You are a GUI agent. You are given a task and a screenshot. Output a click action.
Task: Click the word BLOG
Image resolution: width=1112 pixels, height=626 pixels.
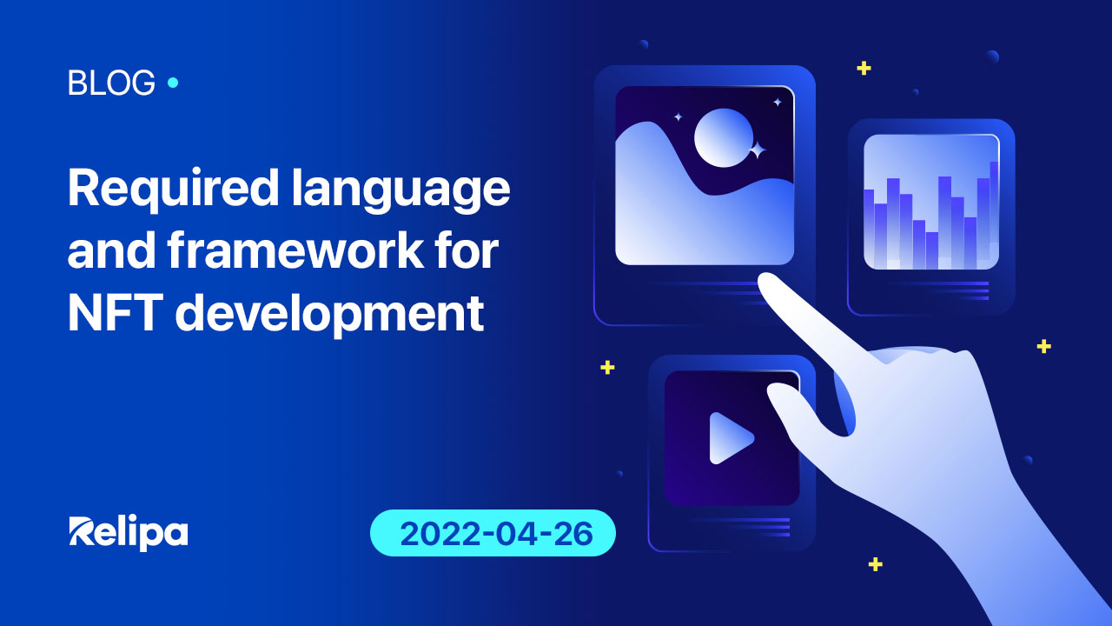(111, 83)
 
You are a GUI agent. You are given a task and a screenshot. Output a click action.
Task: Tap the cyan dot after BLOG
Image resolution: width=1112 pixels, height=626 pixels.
(172, 83)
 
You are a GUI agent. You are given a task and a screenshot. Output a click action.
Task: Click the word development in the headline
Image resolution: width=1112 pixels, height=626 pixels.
(329, 315)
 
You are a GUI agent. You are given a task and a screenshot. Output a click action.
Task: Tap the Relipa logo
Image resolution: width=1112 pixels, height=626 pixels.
(129, 532)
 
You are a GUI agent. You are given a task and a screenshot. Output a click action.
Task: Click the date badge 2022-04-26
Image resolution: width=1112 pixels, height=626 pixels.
(493, 533)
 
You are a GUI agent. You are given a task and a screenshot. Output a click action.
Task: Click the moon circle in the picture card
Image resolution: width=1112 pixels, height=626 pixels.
(724, 137)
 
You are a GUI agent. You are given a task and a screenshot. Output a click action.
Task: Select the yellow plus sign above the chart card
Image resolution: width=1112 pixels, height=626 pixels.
(864, 68)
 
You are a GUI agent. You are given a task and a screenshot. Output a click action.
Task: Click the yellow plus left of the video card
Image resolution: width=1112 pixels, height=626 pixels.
(607, 367)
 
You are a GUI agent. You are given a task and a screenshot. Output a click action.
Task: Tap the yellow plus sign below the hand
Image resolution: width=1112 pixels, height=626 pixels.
(876, 564)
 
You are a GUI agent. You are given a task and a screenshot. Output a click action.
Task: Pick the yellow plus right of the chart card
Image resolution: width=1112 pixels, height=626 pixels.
(1043, 346)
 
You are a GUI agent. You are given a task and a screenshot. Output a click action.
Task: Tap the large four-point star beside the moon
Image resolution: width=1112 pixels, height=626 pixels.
(757, 150)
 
